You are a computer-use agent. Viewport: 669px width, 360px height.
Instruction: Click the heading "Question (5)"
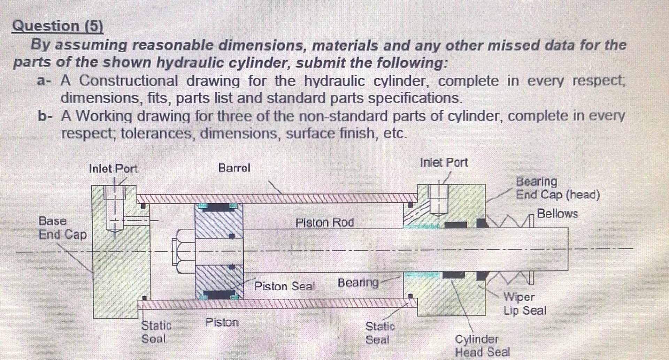click(x=57, y=26)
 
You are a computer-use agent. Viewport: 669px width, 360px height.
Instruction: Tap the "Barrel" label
click(x=234, y=168)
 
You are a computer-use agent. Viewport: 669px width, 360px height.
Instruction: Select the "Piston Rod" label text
click(x=324, y=223)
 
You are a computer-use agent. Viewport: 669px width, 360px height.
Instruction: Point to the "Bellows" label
click(x=557, y=213)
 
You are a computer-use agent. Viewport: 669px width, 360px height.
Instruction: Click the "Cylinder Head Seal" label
click(x=482, y=345)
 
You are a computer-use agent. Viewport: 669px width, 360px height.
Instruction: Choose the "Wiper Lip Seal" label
click(x=524, y=304)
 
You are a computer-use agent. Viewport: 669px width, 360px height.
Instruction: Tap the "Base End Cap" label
click(x=62, y=228)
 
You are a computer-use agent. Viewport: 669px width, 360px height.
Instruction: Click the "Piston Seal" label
click(x=284, y=286)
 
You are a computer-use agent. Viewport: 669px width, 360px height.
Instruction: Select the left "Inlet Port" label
click(x=113, y=169)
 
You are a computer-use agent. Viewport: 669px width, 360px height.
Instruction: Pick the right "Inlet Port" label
click(x=444, y=162)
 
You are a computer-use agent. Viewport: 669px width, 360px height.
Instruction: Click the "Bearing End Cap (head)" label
click(x=557, y=188)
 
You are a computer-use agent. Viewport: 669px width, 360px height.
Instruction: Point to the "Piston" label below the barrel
click(x=222, y=322)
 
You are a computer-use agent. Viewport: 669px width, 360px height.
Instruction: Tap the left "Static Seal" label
click(x=156, y=331)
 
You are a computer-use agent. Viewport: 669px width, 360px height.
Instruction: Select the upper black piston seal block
click(x=219, y=207)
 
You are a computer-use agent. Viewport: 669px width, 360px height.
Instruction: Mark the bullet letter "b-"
click(x=45, y=116)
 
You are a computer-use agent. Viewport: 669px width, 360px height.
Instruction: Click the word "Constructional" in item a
click(x=128, y=81)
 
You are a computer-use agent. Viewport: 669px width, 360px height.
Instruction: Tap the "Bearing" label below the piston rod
click(x=358, y=282)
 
